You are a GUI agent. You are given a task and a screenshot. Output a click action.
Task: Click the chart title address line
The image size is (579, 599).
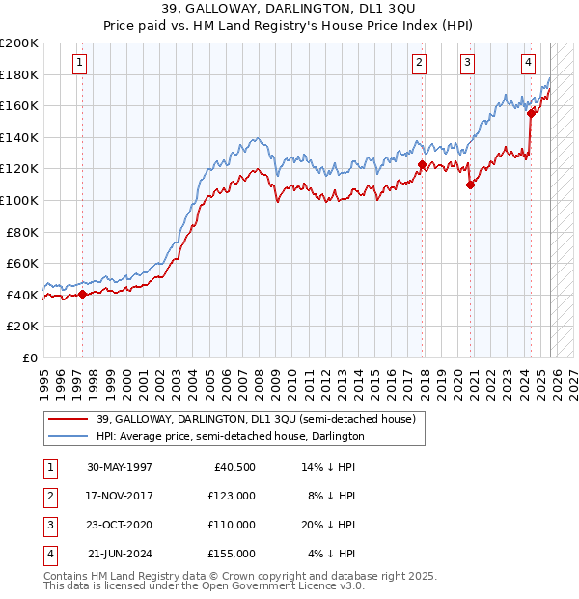(x=289, y=11)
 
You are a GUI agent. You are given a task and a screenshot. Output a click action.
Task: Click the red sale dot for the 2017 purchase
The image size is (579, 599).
(x=423, y=165)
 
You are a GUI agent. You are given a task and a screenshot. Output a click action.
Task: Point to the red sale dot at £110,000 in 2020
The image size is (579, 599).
(x=470, y=185)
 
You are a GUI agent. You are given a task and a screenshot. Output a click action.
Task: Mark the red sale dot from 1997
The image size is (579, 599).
(x=82, y=295)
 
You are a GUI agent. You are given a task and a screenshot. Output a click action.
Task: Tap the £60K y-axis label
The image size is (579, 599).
(x=22, y=263)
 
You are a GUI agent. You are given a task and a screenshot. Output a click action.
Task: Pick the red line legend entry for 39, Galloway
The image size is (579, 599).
(x=256, y=419)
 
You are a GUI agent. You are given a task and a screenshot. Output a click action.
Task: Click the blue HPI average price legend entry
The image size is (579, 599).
(x=230, y=436)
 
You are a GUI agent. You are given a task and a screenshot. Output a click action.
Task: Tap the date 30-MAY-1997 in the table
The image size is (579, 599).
(x=120, y=467)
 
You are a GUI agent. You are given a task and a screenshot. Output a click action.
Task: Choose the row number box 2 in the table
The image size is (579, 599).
(x=48, y=496)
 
